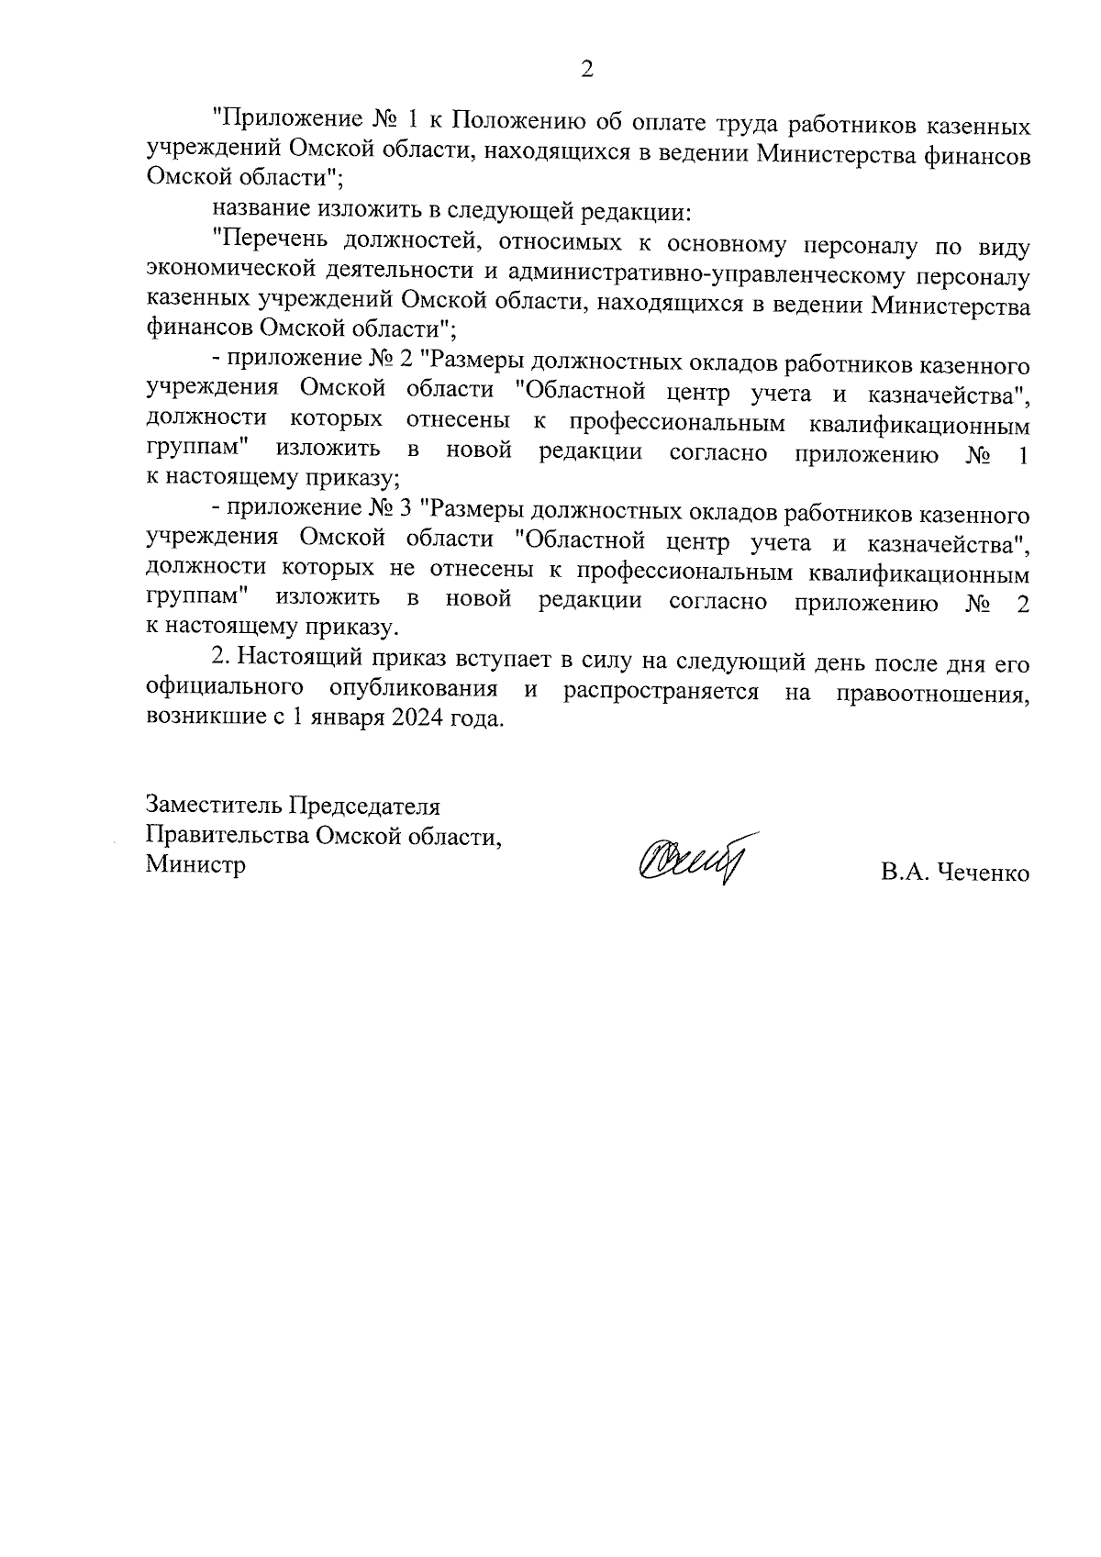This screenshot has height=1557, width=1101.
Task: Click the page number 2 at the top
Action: point(586,70)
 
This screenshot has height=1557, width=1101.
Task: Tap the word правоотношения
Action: point(932,690)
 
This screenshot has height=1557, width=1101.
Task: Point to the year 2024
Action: point(418,718)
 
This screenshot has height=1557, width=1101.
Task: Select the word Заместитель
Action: point(215,806)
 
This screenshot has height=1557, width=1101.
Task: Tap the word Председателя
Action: point(365,806)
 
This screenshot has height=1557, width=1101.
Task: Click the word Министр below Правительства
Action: point(195,864)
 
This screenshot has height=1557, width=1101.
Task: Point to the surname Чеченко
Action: point(984,873)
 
